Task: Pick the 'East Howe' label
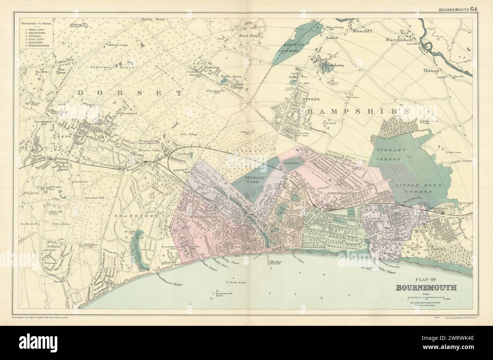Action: point(248,36)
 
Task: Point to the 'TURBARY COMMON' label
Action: point(394,153)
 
